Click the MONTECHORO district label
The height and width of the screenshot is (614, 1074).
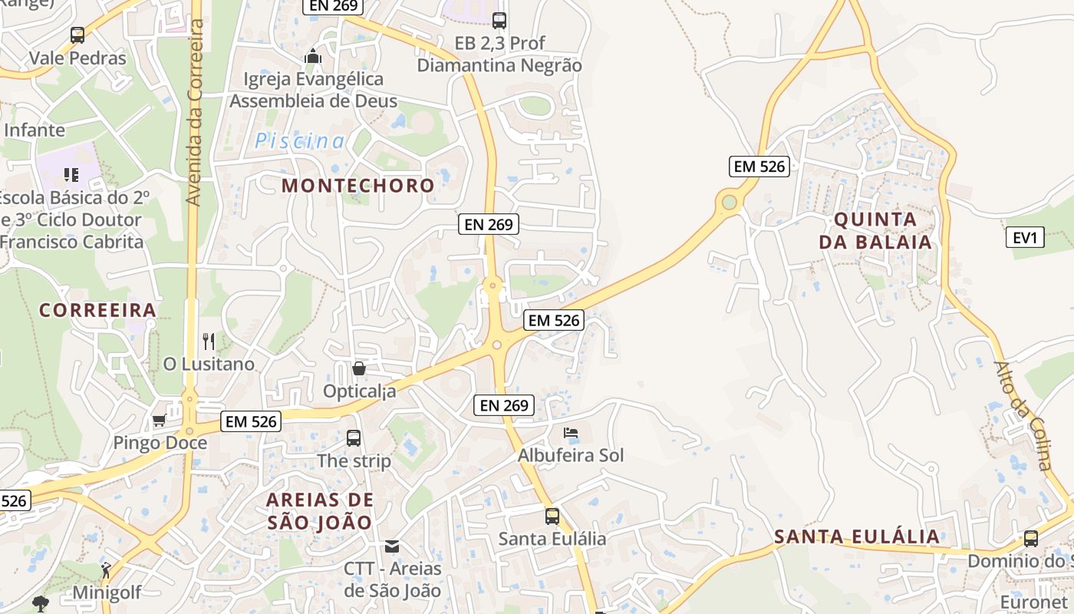[357, 186]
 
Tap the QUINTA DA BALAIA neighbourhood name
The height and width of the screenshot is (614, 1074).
[875, 231]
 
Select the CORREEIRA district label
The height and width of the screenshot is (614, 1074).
[97, 310]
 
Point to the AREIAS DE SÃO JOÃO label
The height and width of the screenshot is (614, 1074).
[319, 511]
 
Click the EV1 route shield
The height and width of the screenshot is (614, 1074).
[1025, 237]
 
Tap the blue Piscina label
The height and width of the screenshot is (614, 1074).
[300, 141]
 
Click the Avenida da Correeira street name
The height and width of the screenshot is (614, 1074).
[195, 112]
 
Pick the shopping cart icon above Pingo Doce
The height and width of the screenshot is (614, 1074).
[159, 420]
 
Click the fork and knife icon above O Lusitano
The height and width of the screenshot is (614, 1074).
[209, 341]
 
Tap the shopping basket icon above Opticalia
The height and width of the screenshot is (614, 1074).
[358, 368]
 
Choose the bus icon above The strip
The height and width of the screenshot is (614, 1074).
[354, 438]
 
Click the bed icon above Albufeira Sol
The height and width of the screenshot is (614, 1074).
[570, 433]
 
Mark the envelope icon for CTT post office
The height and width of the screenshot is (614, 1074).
[392, 546]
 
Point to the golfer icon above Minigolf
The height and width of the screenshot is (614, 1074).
[106, 570]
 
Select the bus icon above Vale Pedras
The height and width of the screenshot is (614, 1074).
[77, 35]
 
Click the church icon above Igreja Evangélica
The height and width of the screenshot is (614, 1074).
[312, 56]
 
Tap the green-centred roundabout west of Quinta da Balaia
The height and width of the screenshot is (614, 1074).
[729, 203]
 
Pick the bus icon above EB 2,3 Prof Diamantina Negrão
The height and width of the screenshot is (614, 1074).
[499, 21]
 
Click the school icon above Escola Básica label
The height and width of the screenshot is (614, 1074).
[71, 174]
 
